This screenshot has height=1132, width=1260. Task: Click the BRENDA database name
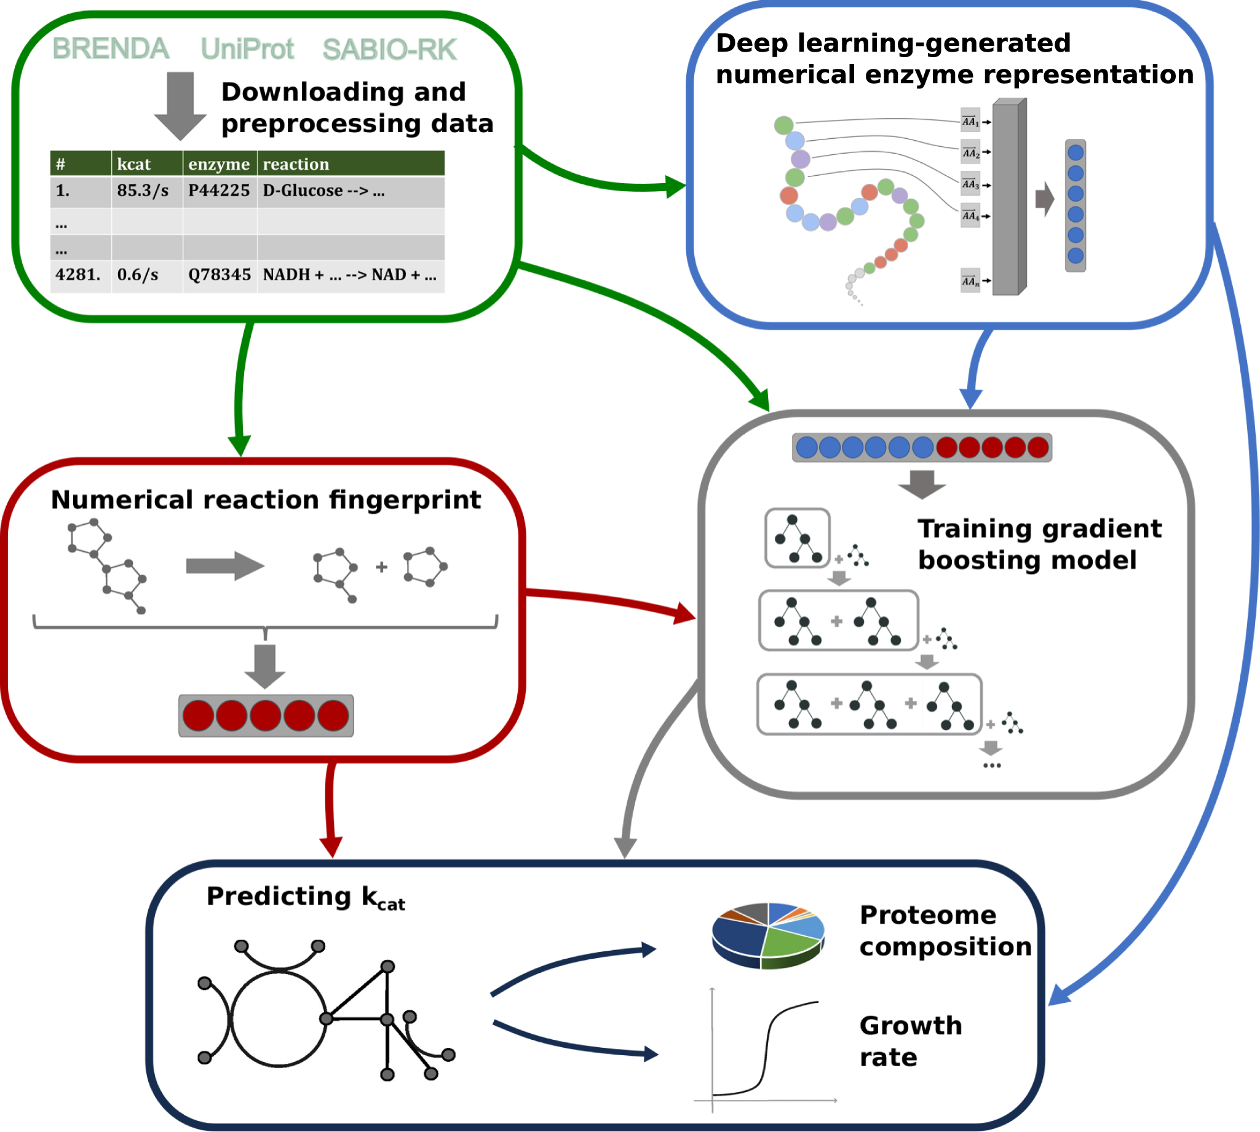111,49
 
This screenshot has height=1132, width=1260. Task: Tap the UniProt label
247,49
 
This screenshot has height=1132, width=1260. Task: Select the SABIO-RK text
389,50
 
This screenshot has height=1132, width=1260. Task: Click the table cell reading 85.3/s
143,191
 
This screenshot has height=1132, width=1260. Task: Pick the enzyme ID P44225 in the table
219,191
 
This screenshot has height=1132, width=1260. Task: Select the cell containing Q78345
219,274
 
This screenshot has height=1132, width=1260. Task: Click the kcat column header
134,163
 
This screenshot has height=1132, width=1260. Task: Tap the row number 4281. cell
77,274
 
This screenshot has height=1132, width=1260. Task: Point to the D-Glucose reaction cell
323,191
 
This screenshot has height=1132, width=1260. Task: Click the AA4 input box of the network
970,216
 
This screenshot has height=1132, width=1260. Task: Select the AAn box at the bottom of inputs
970,281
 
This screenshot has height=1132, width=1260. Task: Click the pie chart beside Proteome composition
768,935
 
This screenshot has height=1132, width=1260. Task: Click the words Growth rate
909,1042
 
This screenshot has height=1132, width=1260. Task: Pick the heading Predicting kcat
306,897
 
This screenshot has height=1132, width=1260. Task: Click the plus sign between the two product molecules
381,567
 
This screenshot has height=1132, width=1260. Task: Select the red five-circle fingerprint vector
266,716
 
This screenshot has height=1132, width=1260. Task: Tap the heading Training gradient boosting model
1039,544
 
